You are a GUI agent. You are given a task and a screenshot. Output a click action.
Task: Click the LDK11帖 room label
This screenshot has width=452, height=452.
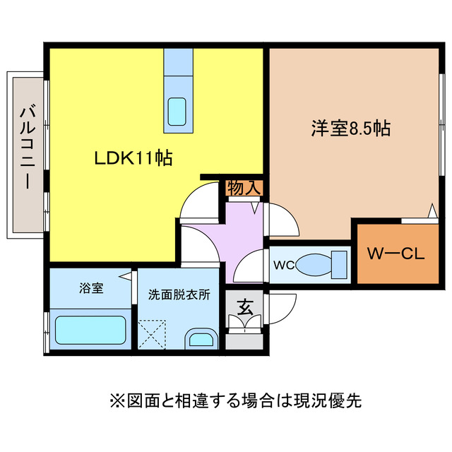134,159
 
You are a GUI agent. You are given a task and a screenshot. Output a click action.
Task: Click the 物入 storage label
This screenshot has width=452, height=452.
244,188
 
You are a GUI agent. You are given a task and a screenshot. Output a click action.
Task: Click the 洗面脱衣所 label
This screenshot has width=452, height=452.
179,295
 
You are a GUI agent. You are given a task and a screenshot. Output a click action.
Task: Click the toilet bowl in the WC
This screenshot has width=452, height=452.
311,266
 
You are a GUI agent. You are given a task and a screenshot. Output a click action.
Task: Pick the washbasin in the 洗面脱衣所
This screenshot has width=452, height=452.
201,339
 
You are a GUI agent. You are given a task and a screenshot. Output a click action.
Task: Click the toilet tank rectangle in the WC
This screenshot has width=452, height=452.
340,265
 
